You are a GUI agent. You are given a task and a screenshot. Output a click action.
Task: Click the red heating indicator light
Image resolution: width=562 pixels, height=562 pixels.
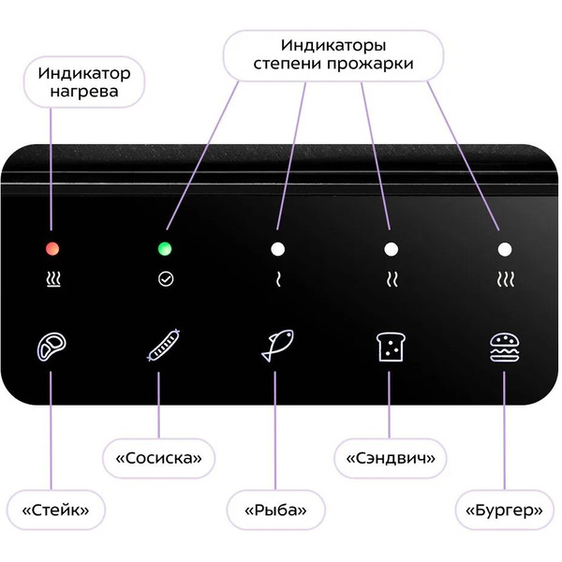52,248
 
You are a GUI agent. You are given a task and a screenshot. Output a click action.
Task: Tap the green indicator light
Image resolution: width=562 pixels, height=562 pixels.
165,248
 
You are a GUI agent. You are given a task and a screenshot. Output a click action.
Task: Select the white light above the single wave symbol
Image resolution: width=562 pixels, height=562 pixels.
278,249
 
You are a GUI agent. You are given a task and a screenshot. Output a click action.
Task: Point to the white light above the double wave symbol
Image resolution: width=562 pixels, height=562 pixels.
391,249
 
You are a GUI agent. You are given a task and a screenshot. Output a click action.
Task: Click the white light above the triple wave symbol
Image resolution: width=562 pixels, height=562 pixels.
505,249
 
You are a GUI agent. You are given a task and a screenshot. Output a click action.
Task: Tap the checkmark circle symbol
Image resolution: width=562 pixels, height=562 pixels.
166,279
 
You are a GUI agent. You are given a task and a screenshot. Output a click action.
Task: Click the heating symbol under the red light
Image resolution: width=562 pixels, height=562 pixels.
53,279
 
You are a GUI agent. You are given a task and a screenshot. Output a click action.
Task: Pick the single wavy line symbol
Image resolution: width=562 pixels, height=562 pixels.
278,279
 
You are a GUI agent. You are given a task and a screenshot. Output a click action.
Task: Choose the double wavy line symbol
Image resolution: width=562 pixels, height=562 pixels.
392,279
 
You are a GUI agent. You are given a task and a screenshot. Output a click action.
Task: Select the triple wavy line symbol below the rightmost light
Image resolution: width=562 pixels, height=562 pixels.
506,279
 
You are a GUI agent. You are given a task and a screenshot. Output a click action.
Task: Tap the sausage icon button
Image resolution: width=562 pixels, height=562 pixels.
163,345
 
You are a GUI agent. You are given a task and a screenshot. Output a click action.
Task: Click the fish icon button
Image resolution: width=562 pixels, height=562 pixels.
277,345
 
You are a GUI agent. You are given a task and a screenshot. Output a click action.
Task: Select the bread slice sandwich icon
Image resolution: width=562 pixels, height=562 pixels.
391,347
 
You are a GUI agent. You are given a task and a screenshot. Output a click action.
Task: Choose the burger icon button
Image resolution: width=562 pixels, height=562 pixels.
504,348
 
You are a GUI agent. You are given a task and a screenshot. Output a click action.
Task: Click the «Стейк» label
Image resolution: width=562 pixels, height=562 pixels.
55,510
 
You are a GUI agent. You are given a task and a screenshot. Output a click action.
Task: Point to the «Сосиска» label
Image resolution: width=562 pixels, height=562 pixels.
158,458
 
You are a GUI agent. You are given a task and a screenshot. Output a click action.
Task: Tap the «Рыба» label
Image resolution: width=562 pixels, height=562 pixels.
275,510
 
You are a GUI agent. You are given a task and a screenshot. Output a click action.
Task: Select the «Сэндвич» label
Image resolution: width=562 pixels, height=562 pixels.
391,458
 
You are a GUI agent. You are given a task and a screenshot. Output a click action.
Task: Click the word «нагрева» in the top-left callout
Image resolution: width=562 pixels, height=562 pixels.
84,91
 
